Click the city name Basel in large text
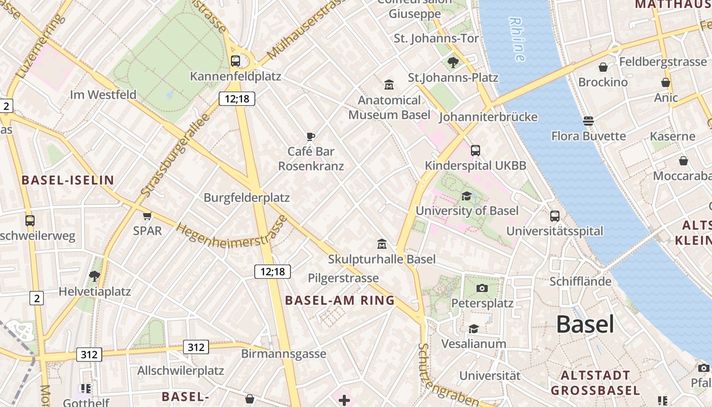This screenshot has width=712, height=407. point(585,324)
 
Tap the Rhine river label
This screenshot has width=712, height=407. point(517,40)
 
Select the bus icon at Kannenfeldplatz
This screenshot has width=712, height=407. point(235,61)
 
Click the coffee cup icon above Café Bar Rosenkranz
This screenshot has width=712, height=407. point(311,136)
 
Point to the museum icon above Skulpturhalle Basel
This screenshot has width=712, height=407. point(381,244)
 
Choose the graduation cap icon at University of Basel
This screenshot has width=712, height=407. point(466,196)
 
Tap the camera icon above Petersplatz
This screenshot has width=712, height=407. point(482,288)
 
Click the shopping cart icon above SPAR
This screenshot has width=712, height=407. point(147,216)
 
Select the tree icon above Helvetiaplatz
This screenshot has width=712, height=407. point(94,276)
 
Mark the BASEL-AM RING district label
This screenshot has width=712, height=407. point(340,300)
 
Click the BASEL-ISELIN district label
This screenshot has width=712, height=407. point(68,180)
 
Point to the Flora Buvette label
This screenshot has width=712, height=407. point(588,136)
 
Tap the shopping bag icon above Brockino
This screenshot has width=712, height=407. point(603,67)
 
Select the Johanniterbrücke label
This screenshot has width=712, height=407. point(488,117)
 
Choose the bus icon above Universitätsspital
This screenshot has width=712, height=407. point(554,216)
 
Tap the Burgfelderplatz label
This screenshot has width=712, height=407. point(247,198)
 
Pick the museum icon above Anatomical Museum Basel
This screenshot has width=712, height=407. point(389,84)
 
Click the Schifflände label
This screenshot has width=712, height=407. point(580,281)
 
